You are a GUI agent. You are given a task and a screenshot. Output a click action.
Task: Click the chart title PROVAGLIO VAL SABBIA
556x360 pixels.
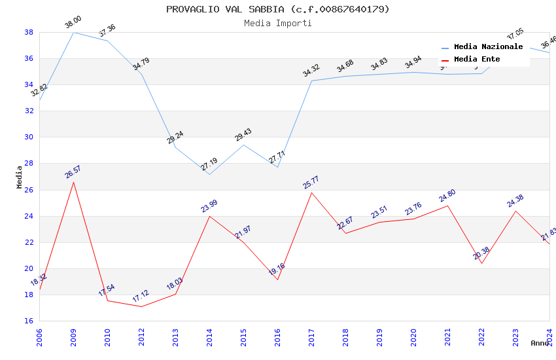click(x=277, y=9)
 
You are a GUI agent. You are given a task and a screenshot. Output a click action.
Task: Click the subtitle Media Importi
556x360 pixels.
click(x=277, y=23)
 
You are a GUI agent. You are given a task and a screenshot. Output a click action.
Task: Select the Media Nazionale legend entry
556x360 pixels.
click(x=488, y=47)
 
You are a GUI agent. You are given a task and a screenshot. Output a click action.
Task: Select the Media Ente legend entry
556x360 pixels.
click(x=477, y=60)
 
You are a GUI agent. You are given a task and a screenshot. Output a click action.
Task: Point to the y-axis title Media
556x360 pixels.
click(x=20, y=177)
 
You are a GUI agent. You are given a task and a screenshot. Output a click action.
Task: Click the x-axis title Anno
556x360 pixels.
click(x=540, y=343)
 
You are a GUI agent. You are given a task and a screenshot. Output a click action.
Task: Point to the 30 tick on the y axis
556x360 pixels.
click(x=29, y=137)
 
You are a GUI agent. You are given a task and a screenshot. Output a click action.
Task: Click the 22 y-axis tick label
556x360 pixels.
click(x=29, y=242)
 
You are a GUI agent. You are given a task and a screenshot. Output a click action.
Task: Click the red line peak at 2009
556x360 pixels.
click(x=73, y=181)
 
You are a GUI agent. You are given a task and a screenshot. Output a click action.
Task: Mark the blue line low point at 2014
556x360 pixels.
click(x=209, y=174)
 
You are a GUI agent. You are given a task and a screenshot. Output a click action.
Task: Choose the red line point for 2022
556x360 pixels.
click(x=481, y=263)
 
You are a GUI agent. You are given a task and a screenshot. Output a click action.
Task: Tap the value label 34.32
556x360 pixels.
click(x=311, y=71)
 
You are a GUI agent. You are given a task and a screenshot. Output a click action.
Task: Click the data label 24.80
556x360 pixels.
click(x=447, y=196)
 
